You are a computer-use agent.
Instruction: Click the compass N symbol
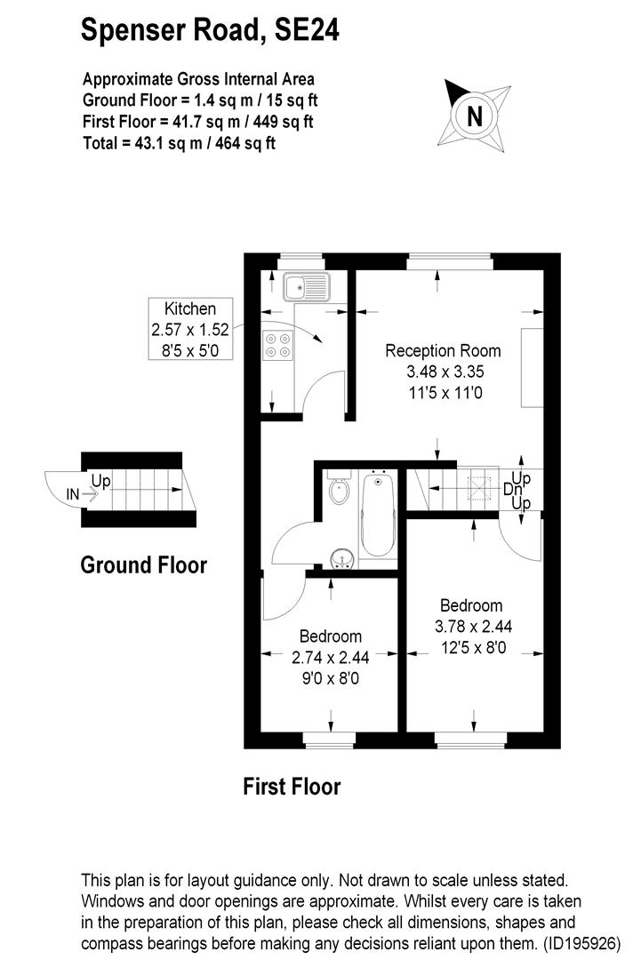tap(475, 116)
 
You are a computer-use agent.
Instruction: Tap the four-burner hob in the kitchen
tap(278, 344)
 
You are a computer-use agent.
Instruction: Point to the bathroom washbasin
tap(341, 558)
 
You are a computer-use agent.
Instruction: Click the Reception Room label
tap(443, 351)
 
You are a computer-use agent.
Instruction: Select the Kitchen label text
tap(190, 309)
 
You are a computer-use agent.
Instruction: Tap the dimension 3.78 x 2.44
tap(472, 627)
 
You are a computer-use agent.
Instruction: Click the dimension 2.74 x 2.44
tap(330, 658)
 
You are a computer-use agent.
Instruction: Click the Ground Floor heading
tap(144, 565)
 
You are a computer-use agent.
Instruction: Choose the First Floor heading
tap(292, 786)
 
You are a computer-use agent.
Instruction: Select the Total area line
tap(179, 142)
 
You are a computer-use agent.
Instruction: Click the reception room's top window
tap(449, 261)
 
